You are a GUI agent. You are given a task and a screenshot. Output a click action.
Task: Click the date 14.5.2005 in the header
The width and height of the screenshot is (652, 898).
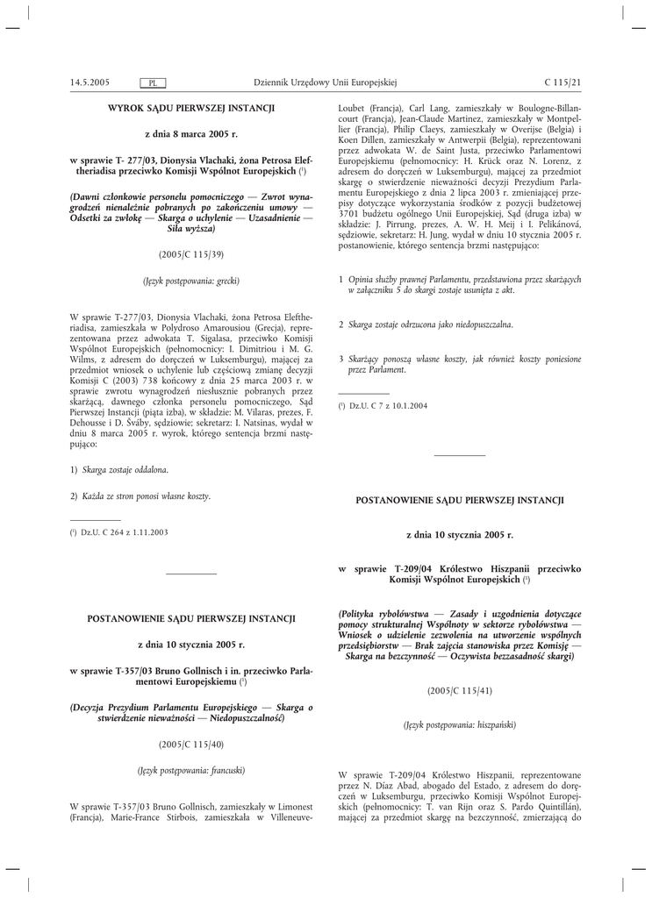click(x=90, y=82)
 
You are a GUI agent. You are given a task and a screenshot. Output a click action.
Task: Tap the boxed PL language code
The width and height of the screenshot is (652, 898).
click(x=153, y=83)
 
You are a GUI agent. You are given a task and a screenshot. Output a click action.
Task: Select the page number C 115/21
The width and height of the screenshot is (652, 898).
click(x=562, y=82)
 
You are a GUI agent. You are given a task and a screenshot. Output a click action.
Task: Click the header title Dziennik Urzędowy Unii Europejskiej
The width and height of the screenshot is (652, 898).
click(x=326, y=82)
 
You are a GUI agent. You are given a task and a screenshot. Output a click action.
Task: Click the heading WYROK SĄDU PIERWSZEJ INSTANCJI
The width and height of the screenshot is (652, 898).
click(x=191, y=108)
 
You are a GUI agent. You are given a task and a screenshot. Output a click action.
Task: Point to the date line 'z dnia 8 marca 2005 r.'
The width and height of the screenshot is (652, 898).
click(x=191, y=134)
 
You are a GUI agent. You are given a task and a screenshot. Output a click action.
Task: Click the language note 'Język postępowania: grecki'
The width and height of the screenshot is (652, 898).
click(x=191, y=281)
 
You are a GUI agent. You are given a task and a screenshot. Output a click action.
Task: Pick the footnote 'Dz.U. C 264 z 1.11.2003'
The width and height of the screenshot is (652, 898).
click(x=124, y=532)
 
